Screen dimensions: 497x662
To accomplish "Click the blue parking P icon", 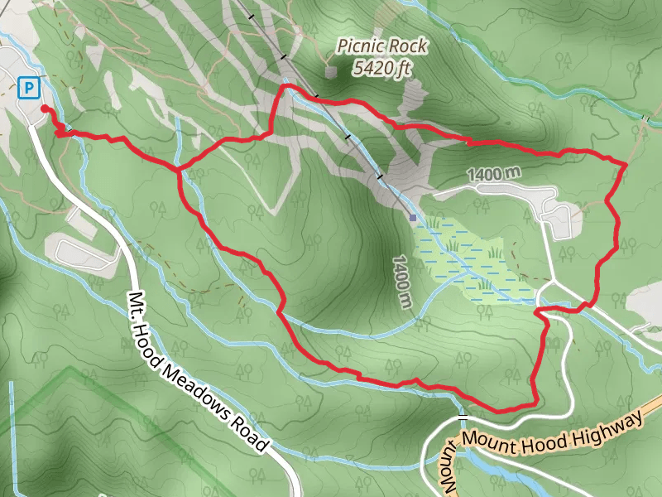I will click(29, 86).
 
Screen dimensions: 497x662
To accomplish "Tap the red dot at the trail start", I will click(44, 109).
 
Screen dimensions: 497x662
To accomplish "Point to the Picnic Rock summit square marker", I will click(332, 72).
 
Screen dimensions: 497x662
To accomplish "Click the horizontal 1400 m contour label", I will click(494, 175).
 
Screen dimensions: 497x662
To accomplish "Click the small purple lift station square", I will click(413, 218).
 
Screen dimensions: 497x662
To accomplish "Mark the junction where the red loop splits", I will click(179, 170).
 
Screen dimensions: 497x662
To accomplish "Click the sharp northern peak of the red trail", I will click(285, 86).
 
